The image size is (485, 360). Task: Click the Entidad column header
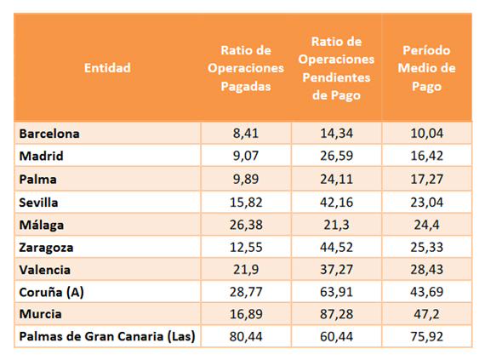tap(107, 68)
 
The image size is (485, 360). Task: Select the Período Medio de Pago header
tap(426, 68)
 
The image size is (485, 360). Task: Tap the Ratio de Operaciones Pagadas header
tap(246, 68)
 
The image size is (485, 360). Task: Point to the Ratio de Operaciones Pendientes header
tap(336, 68)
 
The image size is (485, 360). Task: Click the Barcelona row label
tap(49, 134)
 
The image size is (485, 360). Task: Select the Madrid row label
tap(41, 156)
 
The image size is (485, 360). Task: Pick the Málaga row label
tap(42, 225)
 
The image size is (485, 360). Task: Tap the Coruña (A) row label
tap(51, 292)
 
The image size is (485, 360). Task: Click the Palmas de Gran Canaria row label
tap(107, 336)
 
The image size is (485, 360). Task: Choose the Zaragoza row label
tap(46, 248)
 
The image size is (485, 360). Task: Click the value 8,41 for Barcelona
tap(246, 134)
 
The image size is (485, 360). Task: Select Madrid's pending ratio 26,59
tap(336, 156)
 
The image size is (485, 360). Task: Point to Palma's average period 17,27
tap(426, 179)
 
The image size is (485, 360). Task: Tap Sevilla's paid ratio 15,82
tap(246, 203)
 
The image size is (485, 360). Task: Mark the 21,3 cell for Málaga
tap(336, 225)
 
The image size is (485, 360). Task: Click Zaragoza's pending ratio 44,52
tap(336, 248)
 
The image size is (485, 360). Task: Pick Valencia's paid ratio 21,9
tap(246, 270)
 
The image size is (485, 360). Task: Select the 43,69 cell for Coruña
tap(426, 292)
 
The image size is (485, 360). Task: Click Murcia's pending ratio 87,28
tap(336, 314)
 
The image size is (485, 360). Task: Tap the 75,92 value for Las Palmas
tap(426, 336)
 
